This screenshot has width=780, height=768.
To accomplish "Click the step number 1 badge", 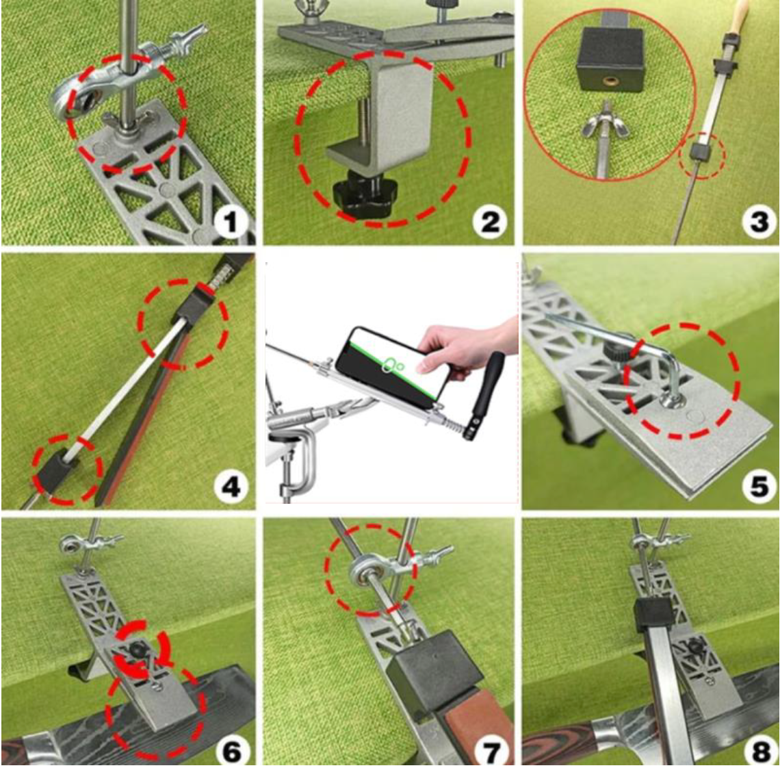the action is pos(230,222).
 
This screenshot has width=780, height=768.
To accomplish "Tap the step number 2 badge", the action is pos(490,222).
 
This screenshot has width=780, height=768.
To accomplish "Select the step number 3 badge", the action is pos(759,222).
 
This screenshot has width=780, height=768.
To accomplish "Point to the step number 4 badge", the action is pos(230,487).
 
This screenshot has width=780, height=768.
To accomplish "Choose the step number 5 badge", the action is pos(759,487).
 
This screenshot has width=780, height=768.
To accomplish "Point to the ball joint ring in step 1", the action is pos(75,101).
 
